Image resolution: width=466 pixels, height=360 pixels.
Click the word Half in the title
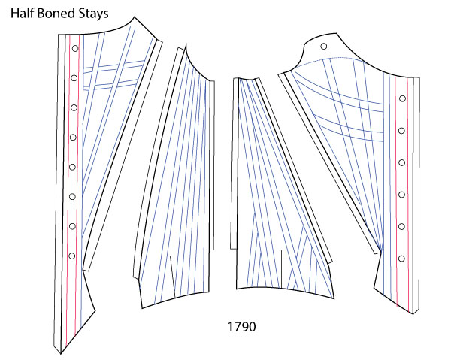(24, 14)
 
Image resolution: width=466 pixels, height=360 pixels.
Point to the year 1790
(242, 328)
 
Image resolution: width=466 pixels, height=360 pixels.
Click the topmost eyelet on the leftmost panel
(74, 48)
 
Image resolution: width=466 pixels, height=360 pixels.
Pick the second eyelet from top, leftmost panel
(74, 77)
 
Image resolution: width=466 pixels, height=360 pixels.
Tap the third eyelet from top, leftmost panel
(74, 107)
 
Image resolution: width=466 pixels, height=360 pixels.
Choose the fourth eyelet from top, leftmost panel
(73, 137)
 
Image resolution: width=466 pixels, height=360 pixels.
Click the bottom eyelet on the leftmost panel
(72, 256)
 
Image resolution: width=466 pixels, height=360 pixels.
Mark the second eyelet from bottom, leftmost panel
(72, 226)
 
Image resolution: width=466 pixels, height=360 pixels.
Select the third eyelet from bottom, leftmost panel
(72, 197)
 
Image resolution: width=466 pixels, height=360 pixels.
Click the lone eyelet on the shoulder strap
(324, 47)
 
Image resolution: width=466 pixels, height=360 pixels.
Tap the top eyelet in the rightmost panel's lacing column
(404, 98)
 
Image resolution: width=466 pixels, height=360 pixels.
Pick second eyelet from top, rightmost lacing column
(403, 130)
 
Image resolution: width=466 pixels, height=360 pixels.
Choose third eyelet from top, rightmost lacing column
(403, 162)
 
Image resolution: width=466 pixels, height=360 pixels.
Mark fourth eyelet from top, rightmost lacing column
(403, 195)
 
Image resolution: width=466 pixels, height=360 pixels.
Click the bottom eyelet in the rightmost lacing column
(402, 259)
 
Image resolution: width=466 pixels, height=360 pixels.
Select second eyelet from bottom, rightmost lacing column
(402, 226)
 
